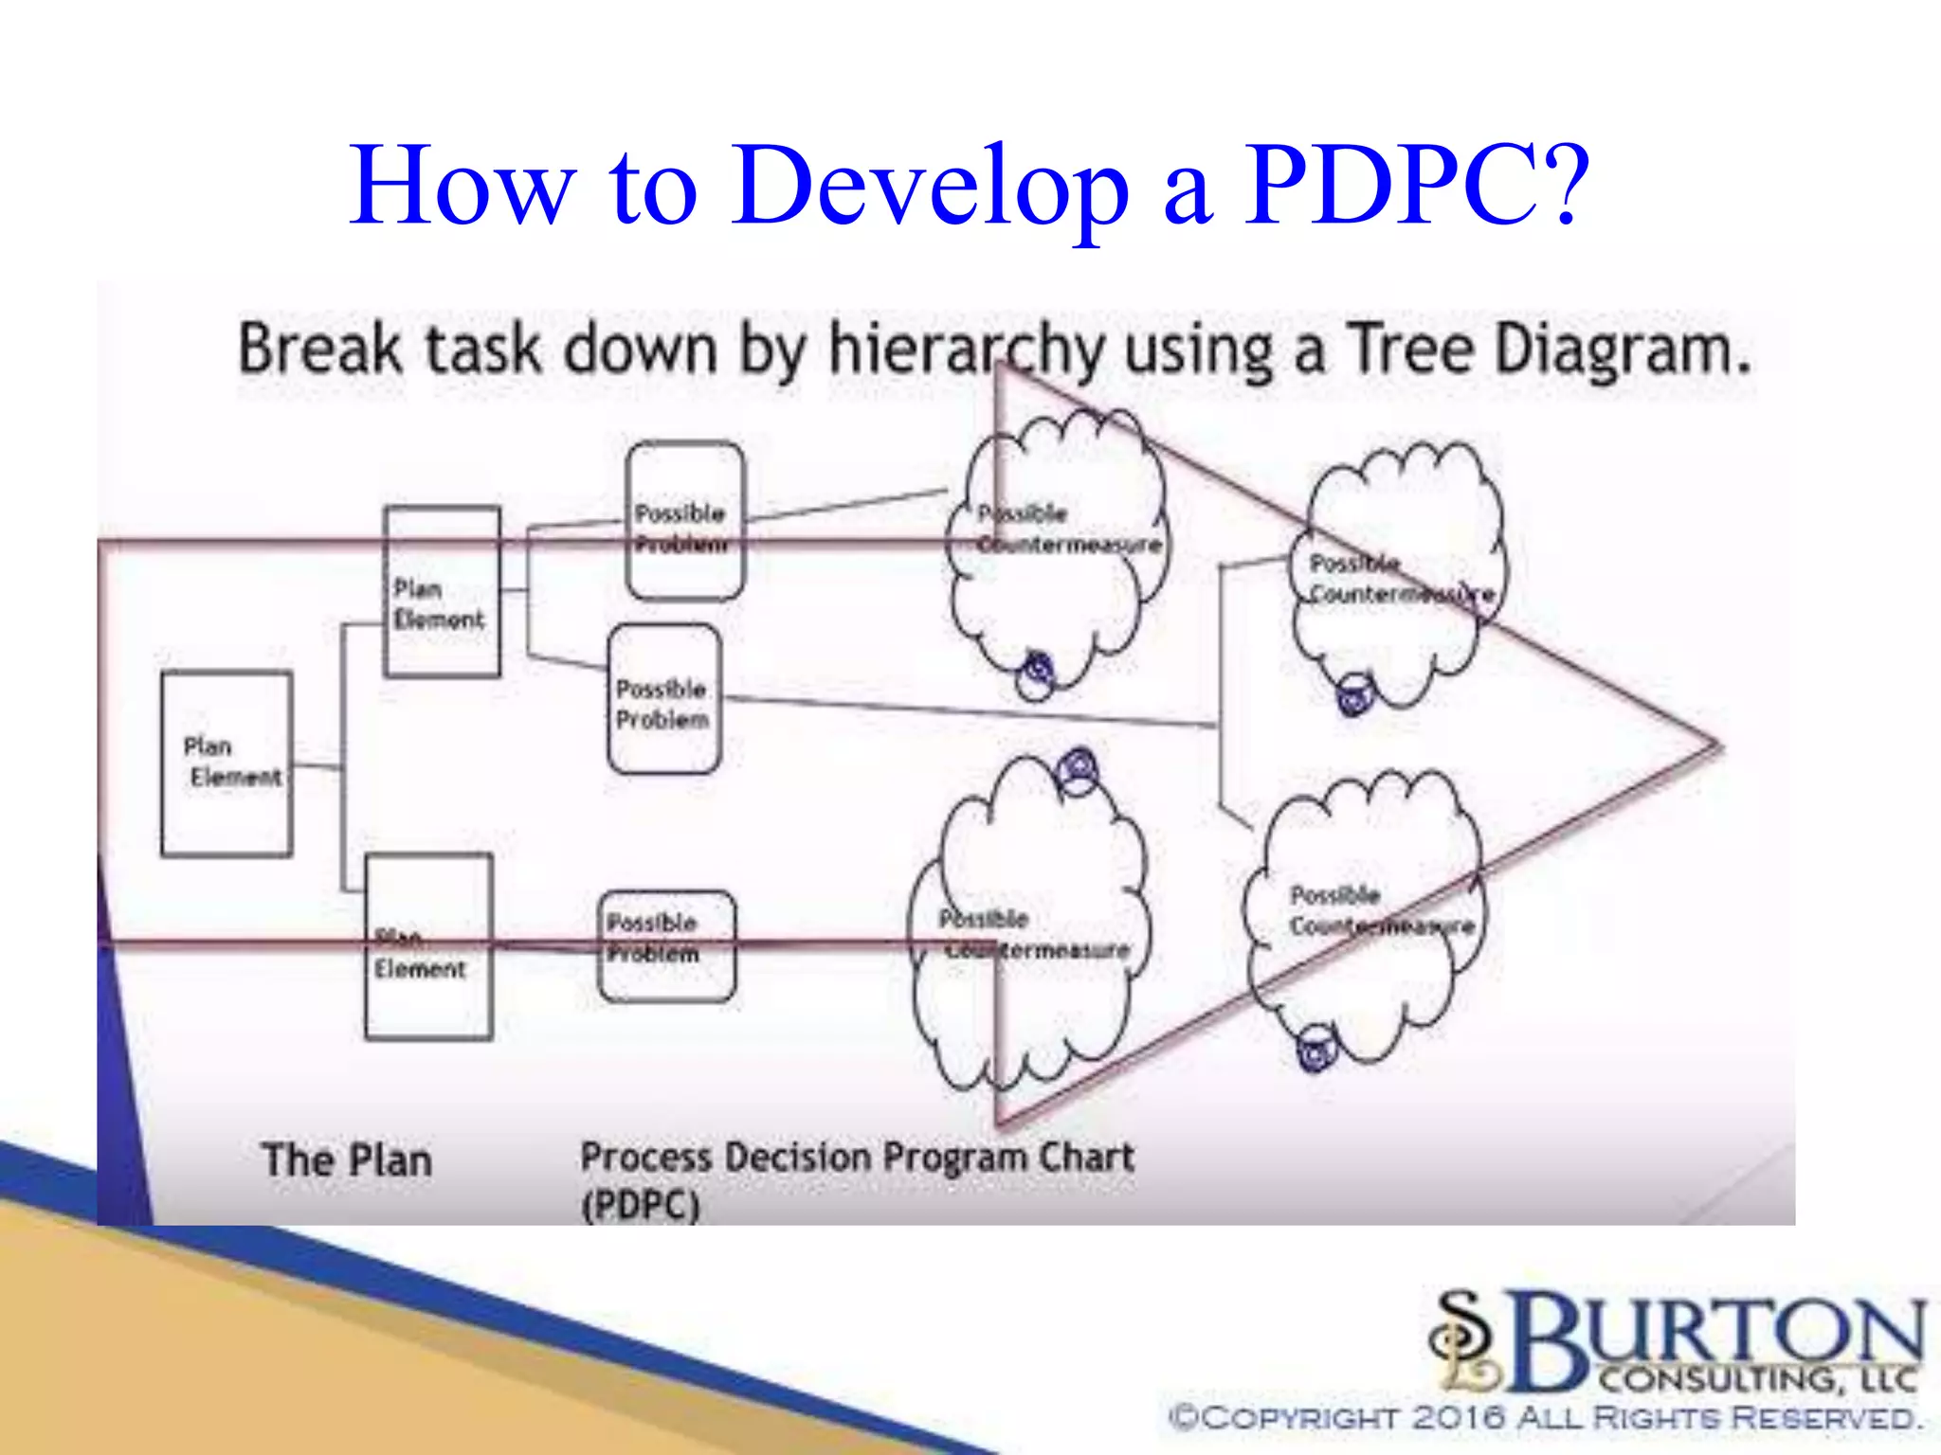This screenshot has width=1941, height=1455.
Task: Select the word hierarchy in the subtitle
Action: coord(967,350)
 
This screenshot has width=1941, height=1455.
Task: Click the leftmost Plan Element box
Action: coord(227,763)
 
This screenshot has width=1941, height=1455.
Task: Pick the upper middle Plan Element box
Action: coord(442,592)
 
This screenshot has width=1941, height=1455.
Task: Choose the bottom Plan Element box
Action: coord(428,947)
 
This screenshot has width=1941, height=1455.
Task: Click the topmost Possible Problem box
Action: coord(685,521)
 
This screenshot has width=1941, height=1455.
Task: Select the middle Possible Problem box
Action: coord(663,699)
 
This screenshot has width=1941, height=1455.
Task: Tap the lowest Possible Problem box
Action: coord(667,945)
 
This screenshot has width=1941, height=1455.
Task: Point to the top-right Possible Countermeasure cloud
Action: coord(1398,573)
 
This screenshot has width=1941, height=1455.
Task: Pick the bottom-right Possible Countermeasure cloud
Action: coord(1365,914)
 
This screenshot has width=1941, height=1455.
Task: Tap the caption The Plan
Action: coord(347,1160)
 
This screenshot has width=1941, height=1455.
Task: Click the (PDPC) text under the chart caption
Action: coord(641,1206)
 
